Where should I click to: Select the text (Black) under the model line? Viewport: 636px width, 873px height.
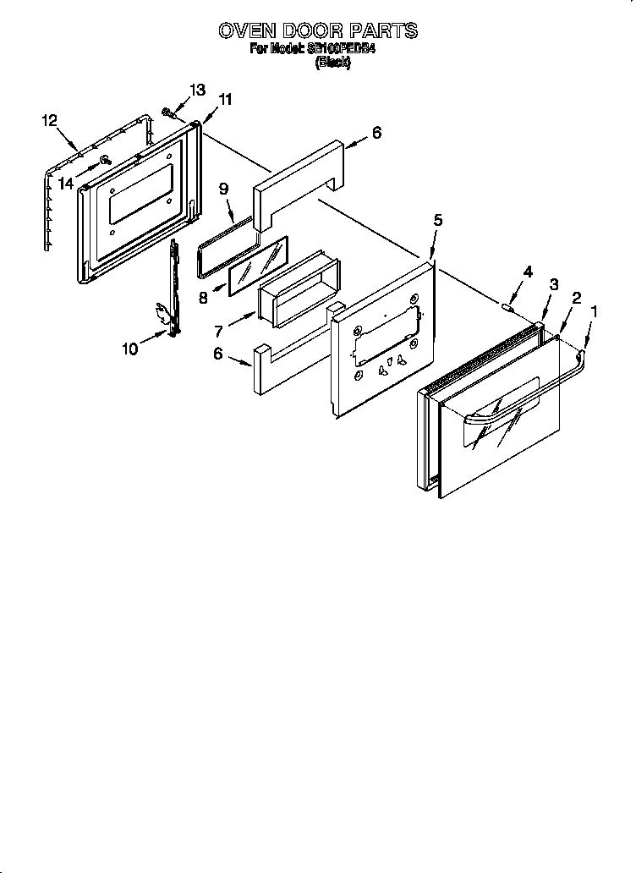click(332, 63)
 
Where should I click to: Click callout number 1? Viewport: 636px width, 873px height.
click(593, 311)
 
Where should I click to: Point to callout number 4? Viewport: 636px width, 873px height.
click(528, 272)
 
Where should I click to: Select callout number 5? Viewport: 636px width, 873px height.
click(437, 220)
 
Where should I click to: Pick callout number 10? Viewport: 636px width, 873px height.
click(129, 348)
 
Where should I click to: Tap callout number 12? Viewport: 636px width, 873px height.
click(49, 120)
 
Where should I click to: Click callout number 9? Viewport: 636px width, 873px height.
click(224, 189)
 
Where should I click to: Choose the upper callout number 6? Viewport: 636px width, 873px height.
click(376, 132)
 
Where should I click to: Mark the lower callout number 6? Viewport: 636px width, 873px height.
click(218, 355)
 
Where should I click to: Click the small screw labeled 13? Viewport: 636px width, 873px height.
click(169, 111)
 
